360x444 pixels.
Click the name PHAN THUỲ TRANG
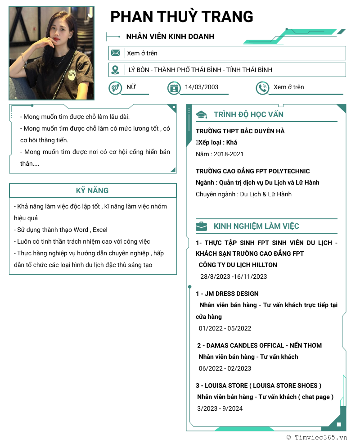click(182, 17)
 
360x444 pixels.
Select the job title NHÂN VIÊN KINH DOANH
click(170, 36)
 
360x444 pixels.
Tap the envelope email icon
click(116, 53)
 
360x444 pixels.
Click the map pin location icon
click(116, 70)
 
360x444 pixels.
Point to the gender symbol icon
click(115, 87)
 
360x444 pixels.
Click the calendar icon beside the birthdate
click(174, 88)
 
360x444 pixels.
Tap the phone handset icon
click(262, 88)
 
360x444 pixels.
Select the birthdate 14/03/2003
click(202, 87)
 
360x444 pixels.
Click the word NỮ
click(131, 87)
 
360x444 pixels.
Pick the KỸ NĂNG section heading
click(92, 190)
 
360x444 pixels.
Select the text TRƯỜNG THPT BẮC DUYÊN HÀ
click(240, 131)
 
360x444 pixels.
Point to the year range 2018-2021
click(229, 154)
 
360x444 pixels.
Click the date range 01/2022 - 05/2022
click(225, 328)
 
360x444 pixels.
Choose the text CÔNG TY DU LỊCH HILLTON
click(238, 265)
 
